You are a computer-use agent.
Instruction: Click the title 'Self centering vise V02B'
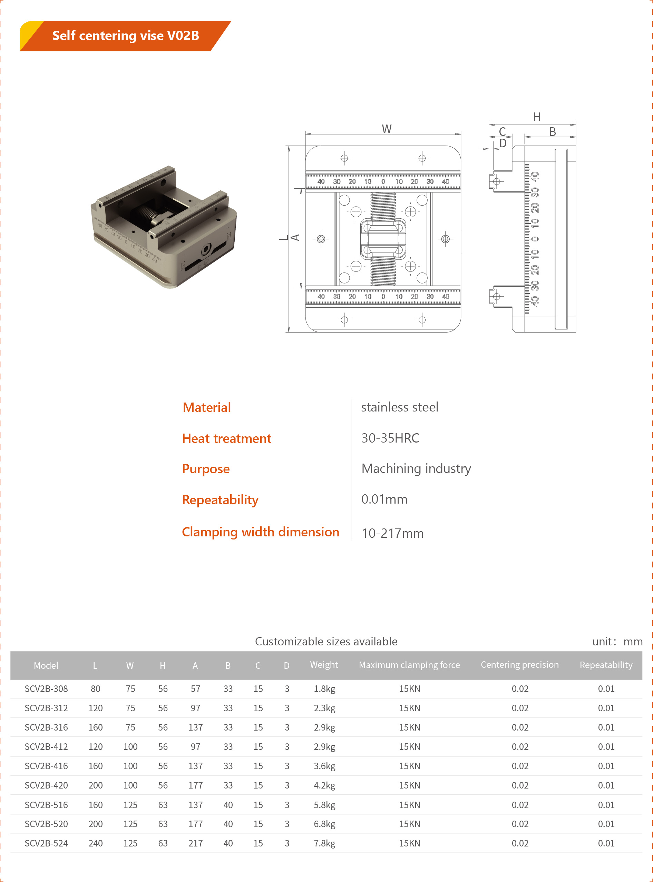click(x=125, y=36)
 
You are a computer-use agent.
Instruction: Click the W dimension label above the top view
click(x=386, y=129)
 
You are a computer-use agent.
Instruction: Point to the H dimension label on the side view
click(x=536, y=117)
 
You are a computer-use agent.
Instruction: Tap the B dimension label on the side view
click(x=552, y=131)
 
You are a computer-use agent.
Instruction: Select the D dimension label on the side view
click(x=503, y=143)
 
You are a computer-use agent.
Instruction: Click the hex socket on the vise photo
click(x=206, y=250)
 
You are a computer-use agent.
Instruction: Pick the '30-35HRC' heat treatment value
click(x=390, y=438)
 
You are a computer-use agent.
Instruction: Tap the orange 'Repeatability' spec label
click(x=220, y=500)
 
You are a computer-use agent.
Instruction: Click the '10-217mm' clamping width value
click(x=392, y=533)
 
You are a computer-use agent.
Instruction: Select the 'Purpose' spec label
click(x=206, y=469)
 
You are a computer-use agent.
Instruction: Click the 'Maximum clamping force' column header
click(x=409, y=665)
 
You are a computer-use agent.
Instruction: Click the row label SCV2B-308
click(x=46, y=688)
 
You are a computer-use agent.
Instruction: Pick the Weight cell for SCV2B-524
click(x=324, y=843)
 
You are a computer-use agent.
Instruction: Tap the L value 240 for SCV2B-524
click(x=95, y=843)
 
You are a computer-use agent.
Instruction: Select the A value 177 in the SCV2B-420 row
click(x=195, y=785)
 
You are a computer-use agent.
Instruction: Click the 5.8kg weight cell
click(x=324, y=805)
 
